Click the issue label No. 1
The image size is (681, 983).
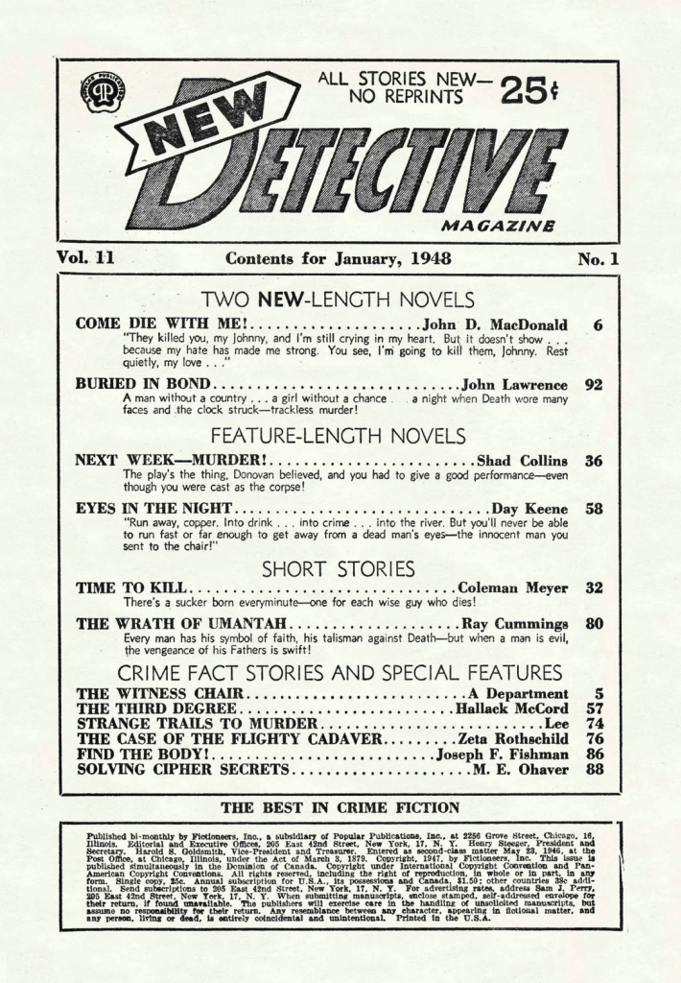coord(599,258)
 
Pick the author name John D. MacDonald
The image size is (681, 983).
coord(495,324)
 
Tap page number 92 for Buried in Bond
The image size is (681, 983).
coord(594,384)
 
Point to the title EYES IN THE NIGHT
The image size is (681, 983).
coord(154,509)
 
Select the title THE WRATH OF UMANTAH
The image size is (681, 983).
coord(164,623)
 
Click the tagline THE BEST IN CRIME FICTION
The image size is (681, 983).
coord(340,807)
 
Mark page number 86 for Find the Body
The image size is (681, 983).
coord(594,755)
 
